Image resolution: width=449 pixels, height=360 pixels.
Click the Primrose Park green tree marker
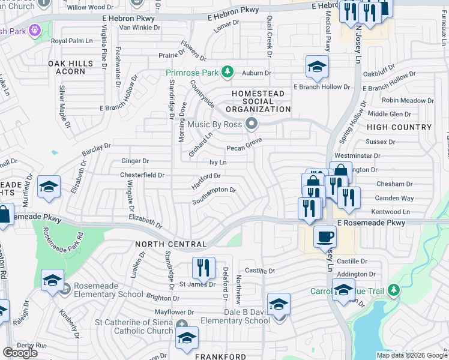pyautogui.click(x=227, y=73)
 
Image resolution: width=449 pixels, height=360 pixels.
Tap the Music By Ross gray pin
pyautogui.click(x=252, y=124)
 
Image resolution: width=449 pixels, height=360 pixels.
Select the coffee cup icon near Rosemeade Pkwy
pyautogui.click(x=325, y=236)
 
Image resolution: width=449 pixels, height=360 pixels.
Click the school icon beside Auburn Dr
pyautogui.click(x=317, y=67)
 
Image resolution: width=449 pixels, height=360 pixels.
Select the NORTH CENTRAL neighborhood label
pyautogui.click(x=171, y=244)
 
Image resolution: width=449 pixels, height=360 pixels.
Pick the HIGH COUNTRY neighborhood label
pyautogui.click(x=399, y=127)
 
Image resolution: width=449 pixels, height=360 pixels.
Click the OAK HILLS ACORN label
pyautogui.click(x=71, y=68)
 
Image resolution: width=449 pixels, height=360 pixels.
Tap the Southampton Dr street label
pyautogui.click(x=214, y=196)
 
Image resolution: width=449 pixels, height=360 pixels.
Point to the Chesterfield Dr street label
pyautogui.click(x=142, y=175)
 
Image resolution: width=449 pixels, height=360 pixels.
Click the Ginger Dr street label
pyautogui.click(x=135, y=161)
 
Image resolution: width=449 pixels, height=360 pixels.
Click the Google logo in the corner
pyautogui.click(x=20, y=353)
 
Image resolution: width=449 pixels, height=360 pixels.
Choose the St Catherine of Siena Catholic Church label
pyautogui.click(x=134, y=326)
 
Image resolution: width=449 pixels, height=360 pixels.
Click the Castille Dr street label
pyautogui.click(x=351, y=262)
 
